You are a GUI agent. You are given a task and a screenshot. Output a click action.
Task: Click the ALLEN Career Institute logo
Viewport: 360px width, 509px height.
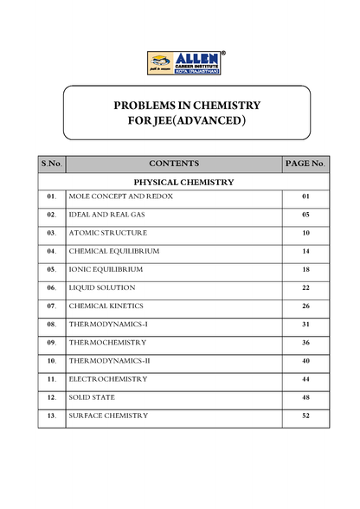coord(186,63)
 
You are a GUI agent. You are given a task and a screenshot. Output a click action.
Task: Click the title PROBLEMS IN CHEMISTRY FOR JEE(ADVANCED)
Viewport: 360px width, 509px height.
coord(187,112)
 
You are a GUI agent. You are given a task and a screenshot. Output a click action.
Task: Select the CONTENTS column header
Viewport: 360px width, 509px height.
coord(173,163)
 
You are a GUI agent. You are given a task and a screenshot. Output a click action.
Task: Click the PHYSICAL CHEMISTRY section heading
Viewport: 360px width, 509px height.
coord(183,183)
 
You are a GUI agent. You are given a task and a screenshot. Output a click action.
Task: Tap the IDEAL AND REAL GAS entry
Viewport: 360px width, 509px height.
coord(102,215)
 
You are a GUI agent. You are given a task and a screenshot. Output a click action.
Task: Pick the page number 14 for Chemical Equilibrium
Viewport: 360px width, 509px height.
coord(305,251)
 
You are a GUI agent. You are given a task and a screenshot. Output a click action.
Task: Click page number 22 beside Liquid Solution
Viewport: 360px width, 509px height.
coord(305,287)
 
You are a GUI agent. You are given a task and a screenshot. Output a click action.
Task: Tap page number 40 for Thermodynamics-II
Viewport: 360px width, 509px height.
coord(305,361)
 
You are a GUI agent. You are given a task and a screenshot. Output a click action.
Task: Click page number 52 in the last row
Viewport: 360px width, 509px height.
coord(305,416)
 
